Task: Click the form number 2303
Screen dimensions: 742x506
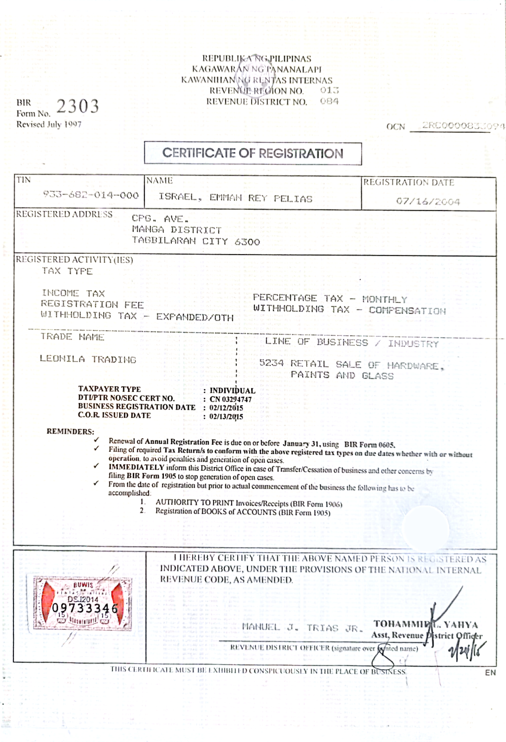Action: click(x=78, y=106)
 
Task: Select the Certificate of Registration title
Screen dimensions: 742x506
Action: click(x=253, y=153)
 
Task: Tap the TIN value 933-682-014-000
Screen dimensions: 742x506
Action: click(x=91, y=195)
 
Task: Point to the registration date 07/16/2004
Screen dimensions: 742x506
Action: click(x=428, y=202)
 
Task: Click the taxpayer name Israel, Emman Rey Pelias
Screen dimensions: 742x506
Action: click(x=235, y=198)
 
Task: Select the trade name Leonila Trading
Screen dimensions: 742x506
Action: click(x=88, y=359)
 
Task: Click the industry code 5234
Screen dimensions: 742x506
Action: click(x=271, y=363)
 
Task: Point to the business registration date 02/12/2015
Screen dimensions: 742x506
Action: click(x=226, y=408)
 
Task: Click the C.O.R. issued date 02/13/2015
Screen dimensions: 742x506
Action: click(x=226, y=417)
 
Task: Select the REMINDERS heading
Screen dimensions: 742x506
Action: click(x=70, y=432)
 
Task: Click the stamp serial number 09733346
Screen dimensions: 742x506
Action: click(x=85, y=608)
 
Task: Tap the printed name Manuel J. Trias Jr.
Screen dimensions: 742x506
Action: click(x=302, y=628)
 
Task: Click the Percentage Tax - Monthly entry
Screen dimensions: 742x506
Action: click(x=330, y=299)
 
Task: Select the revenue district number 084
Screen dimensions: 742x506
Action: click(x=329, y=101)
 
